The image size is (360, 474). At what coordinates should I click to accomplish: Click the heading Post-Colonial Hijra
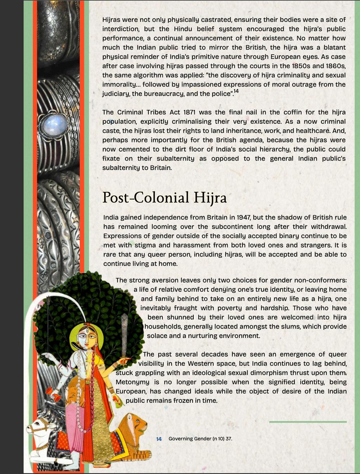[x=164, y=198]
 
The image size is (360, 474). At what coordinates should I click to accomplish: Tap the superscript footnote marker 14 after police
[x=236, y=91]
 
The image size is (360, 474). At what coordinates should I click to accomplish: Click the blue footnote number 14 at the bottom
[x=159, y=439]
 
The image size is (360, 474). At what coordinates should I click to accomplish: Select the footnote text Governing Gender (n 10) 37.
[x=200, y=439]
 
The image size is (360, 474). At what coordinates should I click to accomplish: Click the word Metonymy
[x=132, y=382]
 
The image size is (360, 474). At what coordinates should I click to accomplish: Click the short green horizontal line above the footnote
[x=308, y=422]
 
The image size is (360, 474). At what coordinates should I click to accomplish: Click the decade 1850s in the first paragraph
[x=304, y=66]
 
